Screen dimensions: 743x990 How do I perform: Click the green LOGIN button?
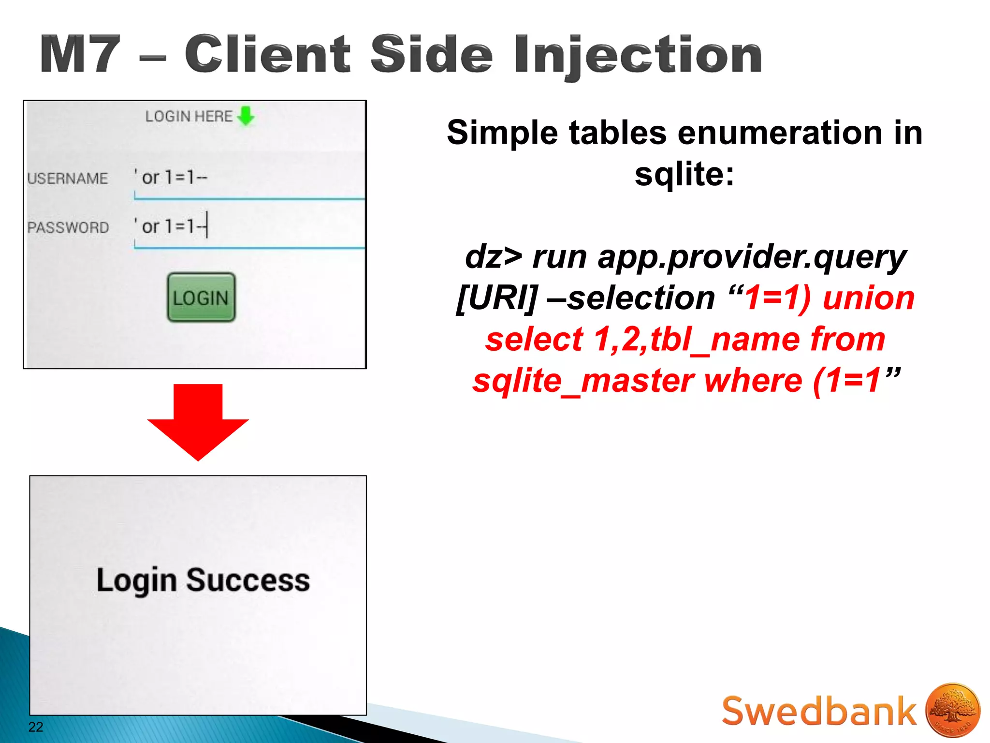point(201,297)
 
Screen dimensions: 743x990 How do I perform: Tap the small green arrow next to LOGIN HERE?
point(247,116)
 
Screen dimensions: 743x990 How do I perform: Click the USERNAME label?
point(68,178)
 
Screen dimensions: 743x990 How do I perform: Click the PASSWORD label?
point(68,227)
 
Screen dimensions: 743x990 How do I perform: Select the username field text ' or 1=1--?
point(172,177)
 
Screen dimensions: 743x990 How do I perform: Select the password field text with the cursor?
point(172,226)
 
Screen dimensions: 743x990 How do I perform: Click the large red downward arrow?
point(198,421)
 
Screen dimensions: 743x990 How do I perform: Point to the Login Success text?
point(203,580)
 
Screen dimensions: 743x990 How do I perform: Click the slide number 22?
point(36,727)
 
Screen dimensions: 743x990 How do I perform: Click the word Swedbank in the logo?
point(818,711)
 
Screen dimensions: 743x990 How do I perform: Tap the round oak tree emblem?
point(953,710)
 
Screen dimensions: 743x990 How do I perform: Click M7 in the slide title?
point(80,55)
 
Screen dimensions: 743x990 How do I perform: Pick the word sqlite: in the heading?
point(684,174)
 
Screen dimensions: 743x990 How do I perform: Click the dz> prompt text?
point(494,256)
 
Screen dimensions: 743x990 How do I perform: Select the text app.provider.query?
point(752,256)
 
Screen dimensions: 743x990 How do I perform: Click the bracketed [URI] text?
point(497,298)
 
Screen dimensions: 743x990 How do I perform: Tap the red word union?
point(869,298)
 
